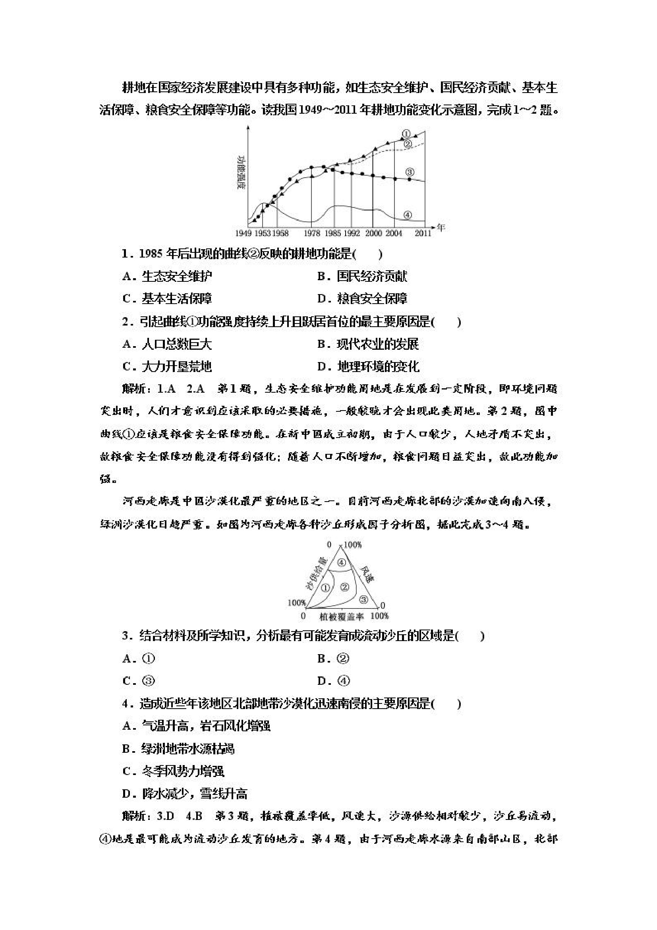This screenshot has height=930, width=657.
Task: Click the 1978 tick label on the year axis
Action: (312, 233)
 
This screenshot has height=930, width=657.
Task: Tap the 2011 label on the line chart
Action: (423, 233)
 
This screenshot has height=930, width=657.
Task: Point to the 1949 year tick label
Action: (243, 233)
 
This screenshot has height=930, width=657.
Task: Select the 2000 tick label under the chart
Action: (373, 233)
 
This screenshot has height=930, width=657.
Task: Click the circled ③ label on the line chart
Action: (410, 172)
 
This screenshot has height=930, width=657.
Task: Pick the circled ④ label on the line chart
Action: (408, 215)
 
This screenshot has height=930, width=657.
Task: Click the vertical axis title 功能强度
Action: (242, 172)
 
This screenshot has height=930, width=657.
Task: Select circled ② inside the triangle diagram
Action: (344, 587)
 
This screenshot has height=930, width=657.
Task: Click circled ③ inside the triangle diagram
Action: (363, 598)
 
